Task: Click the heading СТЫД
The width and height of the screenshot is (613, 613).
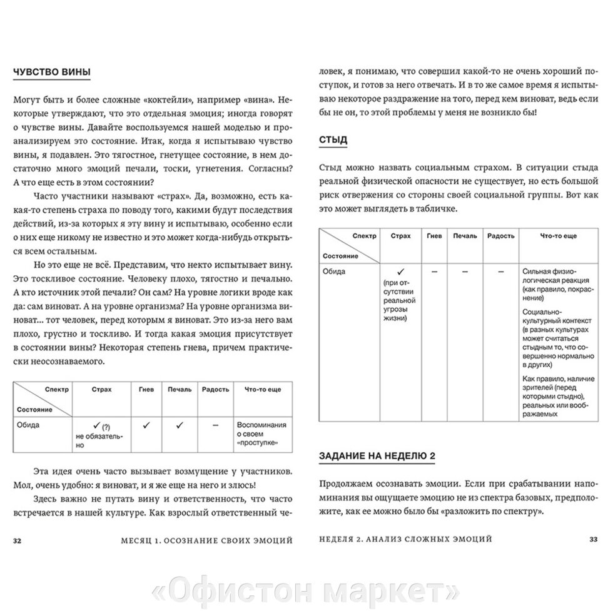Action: (x=333, y=139)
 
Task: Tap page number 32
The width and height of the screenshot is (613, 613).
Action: (x=18, y=539)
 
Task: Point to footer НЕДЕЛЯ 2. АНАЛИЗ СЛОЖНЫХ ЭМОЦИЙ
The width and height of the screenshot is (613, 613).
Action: (x=405, y=539)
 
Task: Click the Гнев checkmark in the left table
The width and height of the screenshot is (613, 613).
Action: (x=146, y=425)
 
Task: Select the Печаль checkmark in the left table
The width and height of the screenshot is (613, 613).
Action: (x=179, y=425)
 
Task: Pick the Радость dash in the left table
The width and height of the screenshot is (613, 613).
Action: (x=215, y=425)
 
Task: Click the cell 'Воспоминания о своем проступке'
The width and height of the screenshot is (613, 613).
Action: (x=261, y=433)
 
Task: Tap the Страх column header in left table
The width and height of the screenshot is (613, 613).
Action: (x=101, y=389)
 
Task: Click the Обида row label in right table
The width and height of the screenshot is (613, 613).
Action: (x=334, y=271)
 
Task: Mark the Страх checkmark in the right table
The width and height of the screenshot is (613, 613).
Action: (x=400, y=271)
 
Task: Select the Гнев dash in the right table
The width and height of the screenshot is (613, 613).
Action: (x=433, y=271)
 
